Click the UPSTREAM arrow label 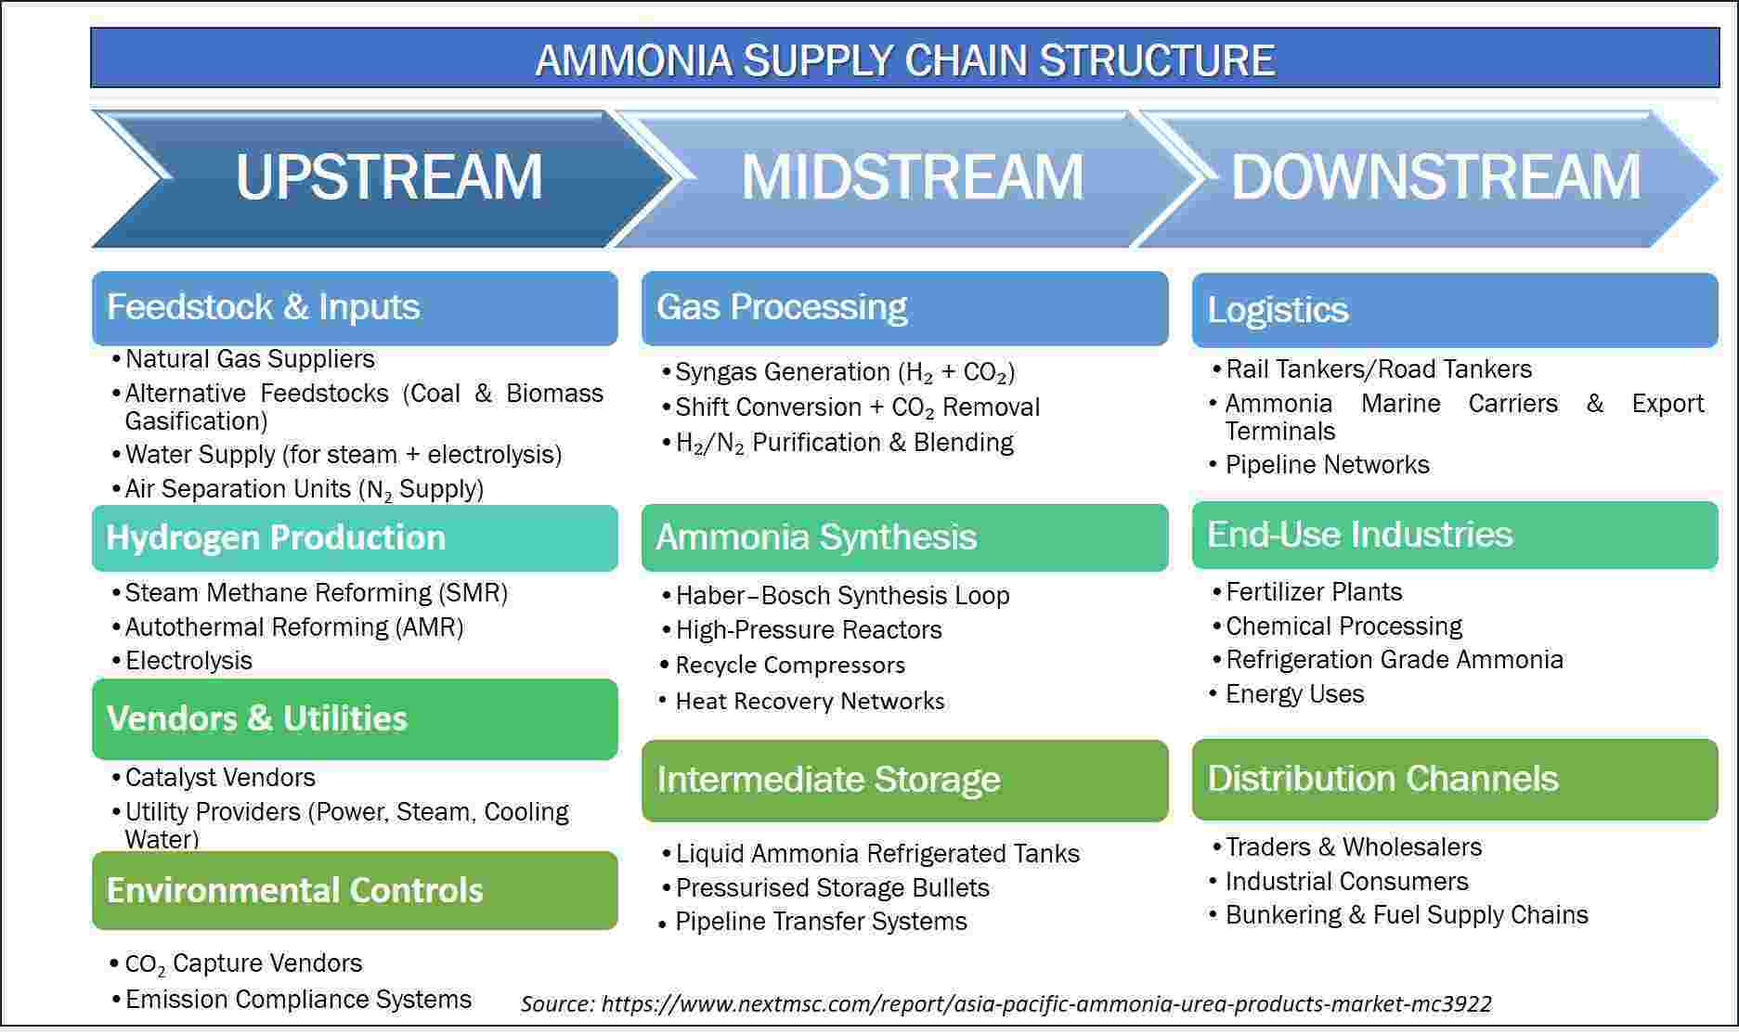389,176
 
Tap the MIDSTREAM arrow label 913,176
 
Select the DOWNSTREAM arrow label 1435,176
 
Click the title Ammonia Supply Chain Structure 905,60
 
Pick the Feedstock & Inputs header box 355,308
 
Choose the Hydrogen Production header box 355,538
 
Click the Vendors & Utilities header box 355,719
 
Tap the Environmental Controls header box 355,891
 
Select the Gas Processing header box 905,308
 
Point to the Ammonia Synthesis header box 905,538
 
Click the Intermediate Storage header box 905,781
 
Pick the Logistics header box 1455,310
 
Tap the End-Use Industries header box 1455,536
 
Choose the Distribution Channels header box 1455,780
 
